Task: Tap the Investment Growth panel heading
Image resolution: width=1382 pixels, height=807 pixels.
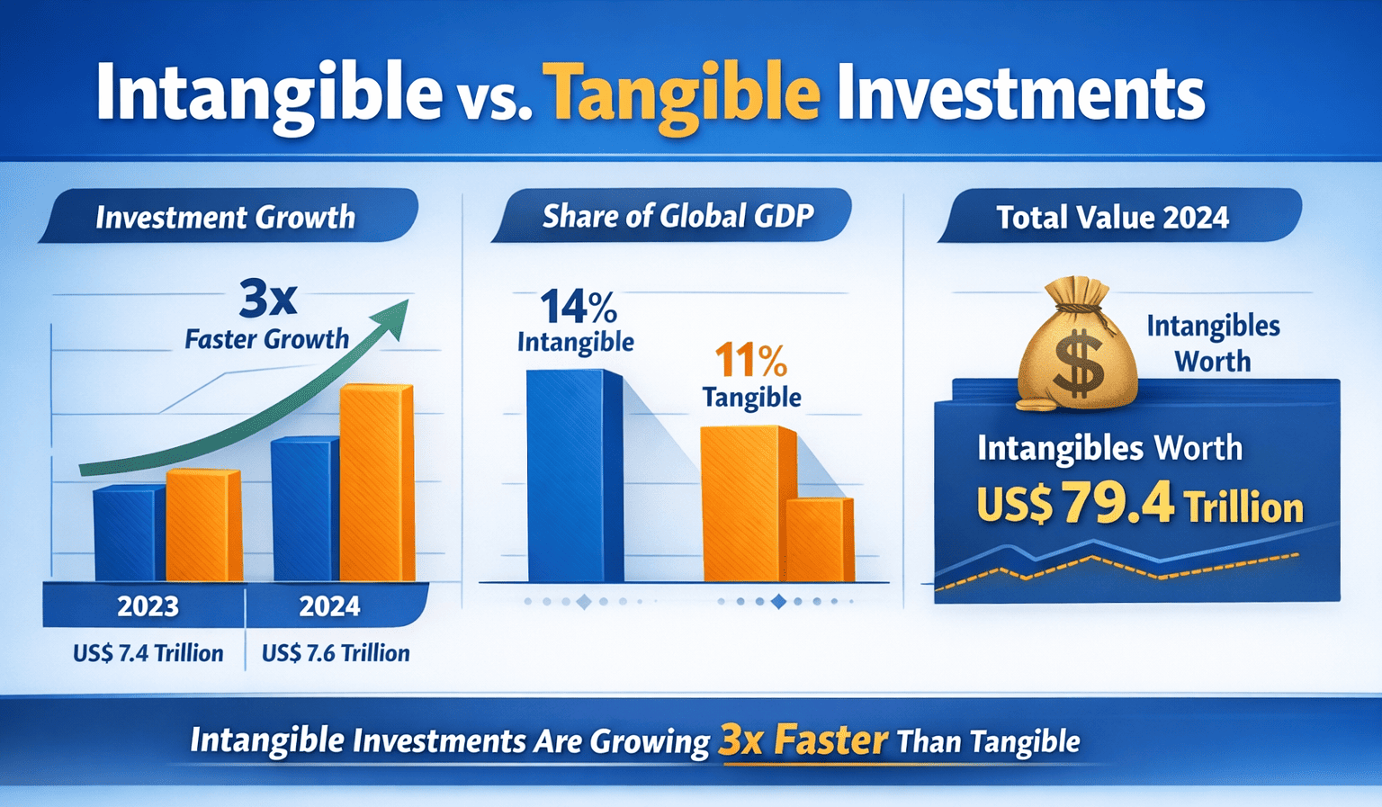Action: coord(226,218)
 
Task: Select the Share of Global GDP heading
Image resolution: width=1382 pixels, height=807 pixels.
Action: coord(678,216)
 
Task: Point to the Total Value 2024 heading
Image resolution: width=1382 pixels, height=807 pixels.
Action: coord(1112,218)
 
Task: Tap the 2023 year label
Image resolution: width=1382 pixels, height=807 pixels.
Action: coord(148,606)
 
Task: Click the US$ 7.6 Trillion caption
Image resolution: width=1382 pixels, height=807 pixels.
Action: coord(336,653)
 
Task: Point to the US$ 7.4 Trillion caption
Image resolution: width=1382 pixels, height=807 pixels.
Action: coord(148,653)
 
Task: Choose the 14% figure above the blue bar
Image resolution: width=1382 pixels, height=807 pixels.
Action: coord(578,308)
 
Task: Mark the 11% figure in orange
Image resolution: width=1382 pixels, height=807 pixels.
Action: coord(750,361)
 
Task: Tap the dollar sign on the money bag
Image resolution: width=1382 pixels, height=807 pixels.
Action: coord(1079,363)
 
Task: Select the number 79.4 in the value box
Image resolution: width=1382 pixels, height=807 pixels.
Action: coord(1117,504)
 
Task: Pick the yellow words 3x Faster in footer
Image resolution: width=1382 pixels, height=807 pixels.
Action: coord(803,740)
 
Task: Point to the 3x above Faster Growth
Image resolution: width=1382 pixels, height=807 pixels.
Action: coord(267,299)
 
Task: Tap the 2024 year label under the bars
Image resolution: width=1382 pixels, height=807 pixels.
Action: coord(329,606)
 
